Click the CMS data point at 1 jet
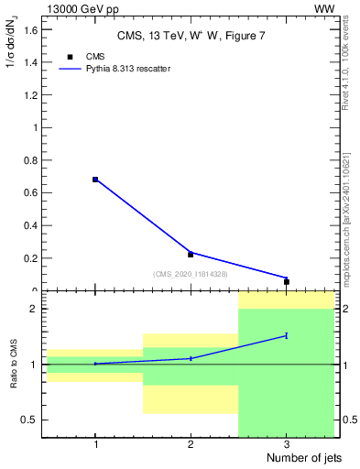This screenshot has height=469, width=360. click(95, 180)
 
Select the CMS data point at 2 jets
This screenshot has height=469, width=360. click(191, 255)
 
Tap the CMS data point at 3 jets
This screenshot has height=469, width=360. click(287, 282)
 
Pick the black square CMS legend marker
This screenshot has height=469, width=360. click(71, 57)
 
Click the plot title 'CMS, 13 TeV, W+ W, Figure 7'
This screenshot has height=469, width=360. click(189, 36)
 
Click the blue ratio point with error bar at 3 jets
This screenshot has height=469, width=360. click(287, 335)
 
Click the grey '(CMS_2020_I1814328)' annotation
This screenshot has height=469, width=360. click(191, 274)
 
